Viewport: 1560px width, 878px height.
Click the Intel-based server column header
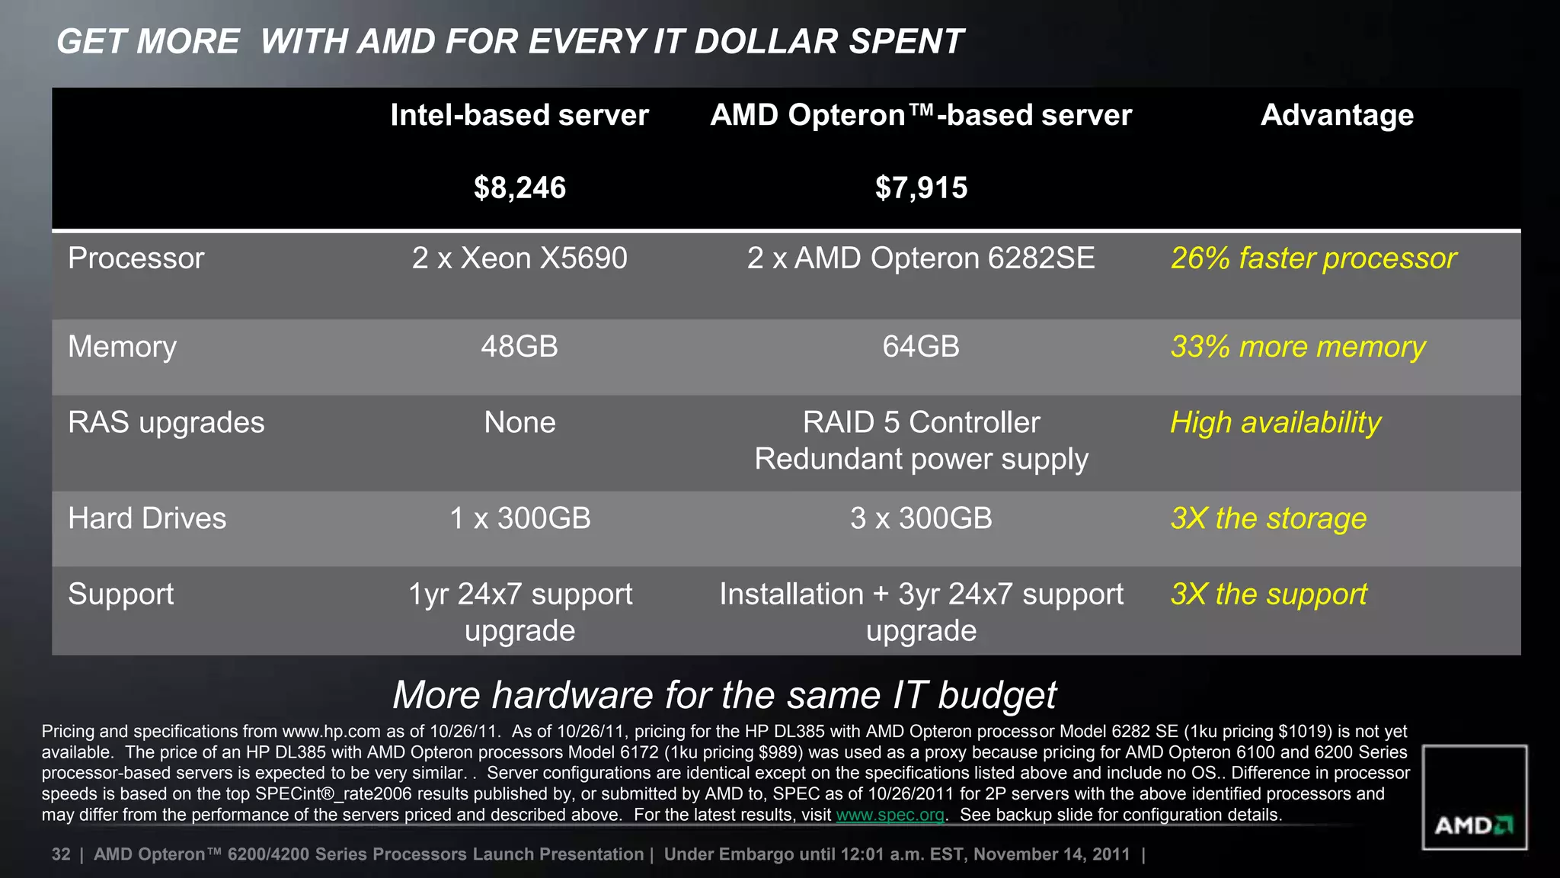pyautogui.click(x=519, y=115)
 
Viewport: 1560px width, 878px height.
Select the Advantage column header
pyautogui.click(x=1337, y=115)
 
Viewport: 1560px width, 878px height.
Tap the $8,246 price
pyautogui.click(x=519, y=187)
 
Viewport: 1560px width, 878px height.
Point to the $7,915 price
pyautogui.click(x=921, y=187)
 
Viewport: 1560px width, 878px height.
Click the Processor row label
pyautogui.click(x=136, y=258)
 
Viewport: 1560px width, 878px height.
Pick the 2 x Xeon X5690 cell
pyautogui.click(x=519, y=258)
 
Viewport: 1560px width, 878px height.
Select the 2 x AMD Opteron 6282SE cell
pyautogui.click(x=921, y=258)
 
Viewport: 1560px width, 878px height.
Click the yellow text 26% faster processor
pyautogui.click(x=1313, y=258)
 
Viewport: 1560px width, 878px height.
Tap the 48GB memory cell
pyautogui.click(x=519, y=347)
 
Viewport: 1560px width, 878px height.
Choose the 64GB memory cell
pyautogui.click(x=921, y=347)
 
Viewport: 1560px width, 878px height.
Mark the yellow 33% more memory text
pyautogui.click(x=1298, y=347)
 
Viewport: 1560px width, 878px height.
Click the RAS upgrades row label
pyautogui.click(x=166, y=422)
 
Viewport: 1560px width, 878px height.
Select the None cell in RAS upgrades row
pyautogui.click(x=519, y=422)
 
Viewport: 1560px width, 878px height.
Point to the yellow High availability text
pyautogui.click(x=1275, y=422)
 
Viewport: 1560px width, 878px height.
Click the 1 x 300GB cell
pyautogui.click(x=519, y=518)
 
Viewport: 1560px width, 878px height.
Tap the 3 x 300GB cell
pyautogui.click(x=921, y=518)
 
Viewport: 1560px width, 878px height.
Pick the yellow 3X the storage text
pyautogui.click(x=1268, y=518)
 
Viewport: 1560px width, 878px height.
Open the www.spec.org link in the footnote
pyautogui.click(x=890, y=815)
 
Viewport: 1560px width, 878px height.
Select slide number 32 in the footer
pyautogui.click(x=61, y=854)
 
